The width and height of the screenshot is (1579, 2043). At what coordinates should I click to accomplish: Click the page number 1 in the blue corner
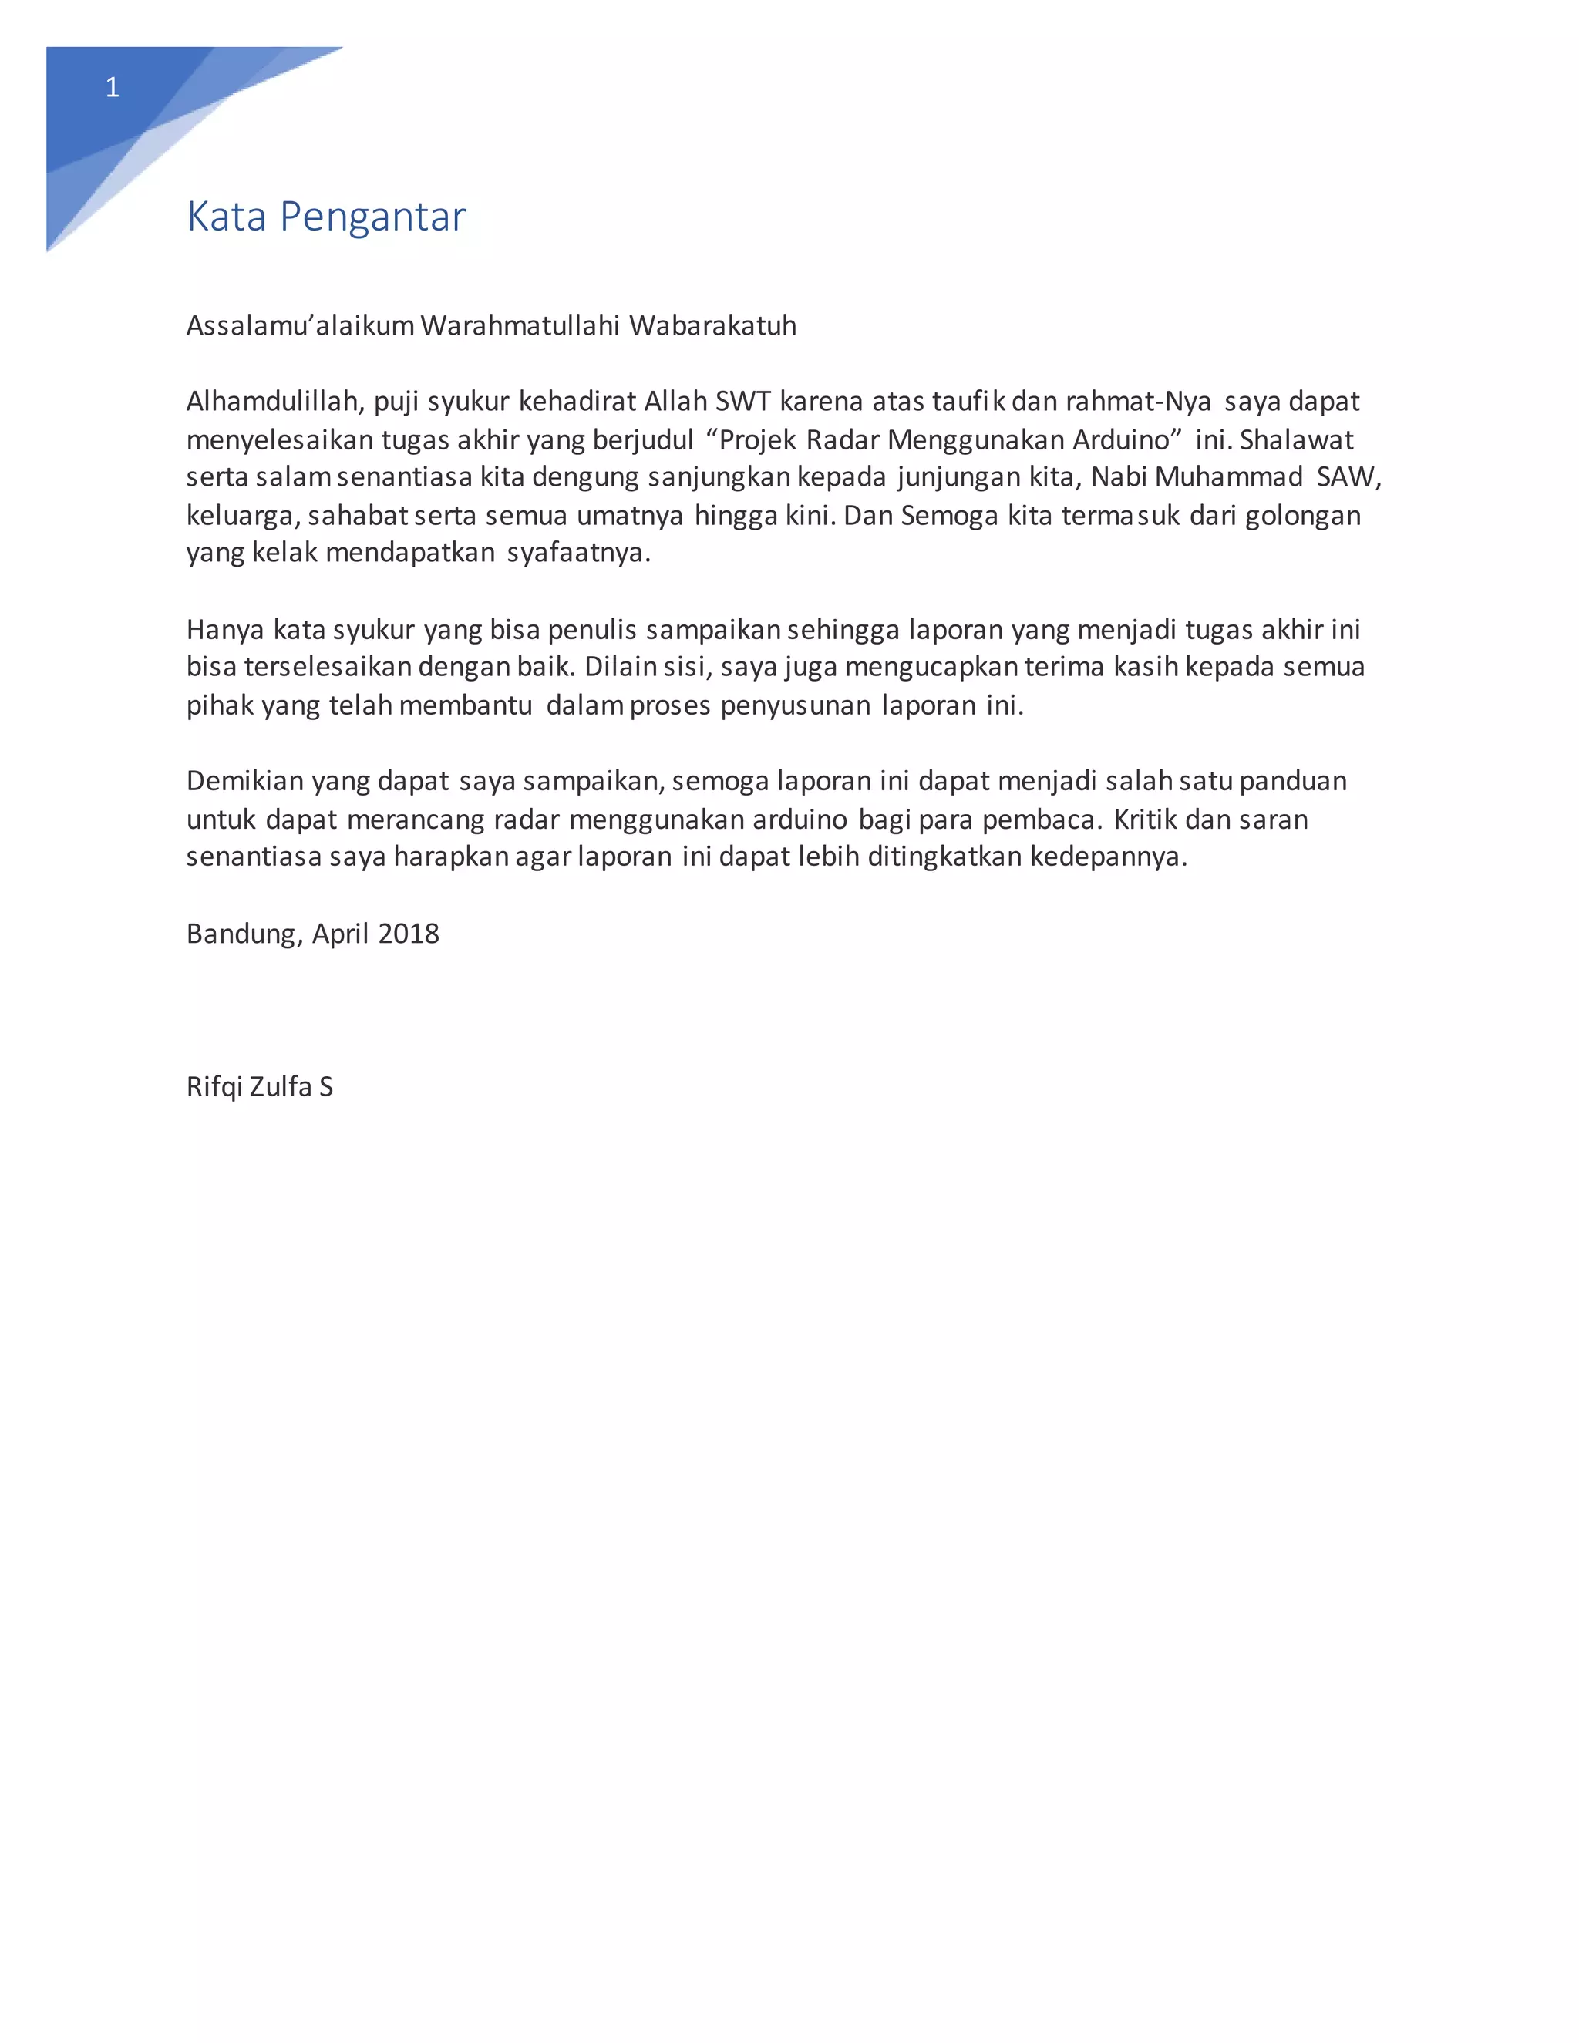click(x=113, y=88)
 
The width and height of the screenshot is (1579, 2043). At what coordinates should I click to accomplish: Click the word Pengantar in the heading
click(x=372, y=217)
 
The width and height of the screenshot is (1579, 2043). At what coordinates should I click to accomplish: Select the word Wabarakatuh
click(x=713, y=325)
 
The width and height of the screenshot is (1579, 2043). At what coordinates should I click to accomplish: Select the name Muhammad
click(x=1229, y=477)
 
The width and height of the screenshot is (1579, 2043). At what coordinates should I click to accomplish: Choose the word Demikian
click(x=245, y=781)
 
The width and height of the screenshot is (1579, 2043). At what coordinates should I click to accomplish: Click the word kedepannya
click(x=1109, y=857)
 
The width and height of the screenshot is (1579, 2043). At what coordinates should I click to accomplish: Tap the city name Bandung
click(x=244, y=934)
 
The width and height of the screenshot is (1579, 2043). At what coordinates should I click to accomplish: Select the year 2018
click(x=409, y=934)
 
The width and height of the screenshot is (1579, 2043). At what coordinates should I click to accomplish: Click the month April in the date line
click(x=341, y=934)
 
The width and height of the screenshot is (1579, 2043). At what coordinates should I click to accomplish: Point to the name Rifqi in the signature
click(x=214, y=1086)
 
